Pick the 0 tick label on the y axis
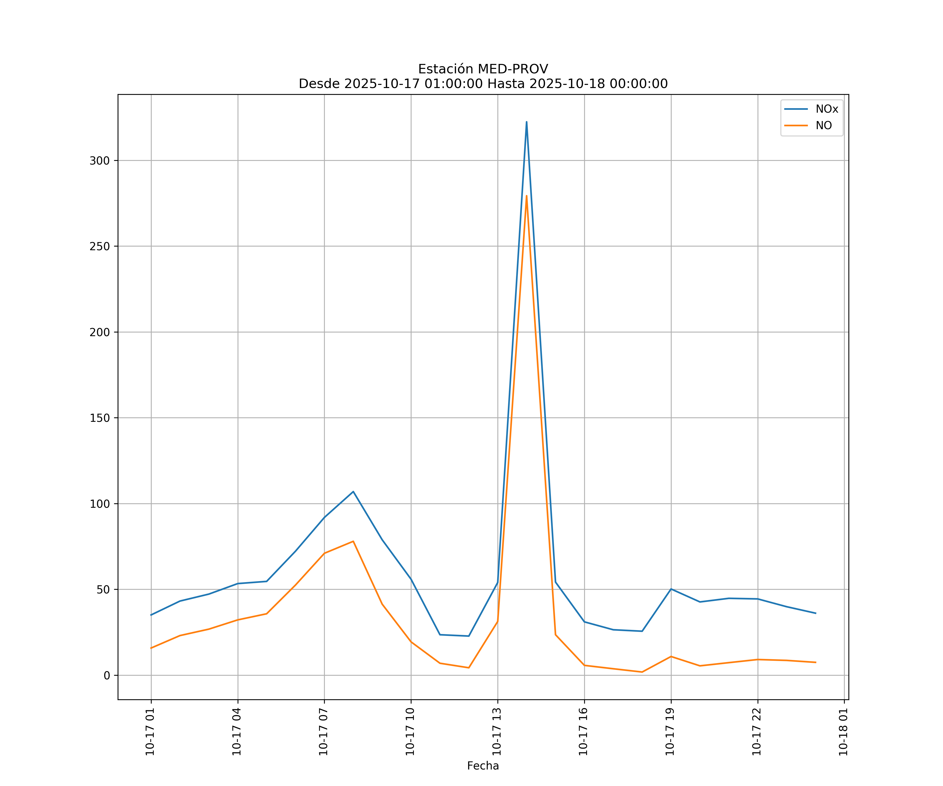(107, 675)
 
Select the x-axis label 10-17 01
(150, 732)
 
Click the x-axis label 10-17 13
(497, 732)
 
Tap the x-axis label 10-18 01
(843, 732)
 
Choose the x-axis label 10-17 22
(757, 732)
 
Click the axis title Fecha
(483, 766)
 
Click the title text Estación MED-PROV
(483, 69)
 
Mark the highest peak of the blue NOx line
(526, 122)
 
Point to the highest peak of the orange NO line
(526, 195)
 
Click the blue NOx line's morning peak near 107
(353, 491)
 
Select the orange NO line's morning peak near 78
(353, 541)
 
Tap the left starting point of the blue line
(151, 615)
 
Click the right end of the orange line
(815, 663)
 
